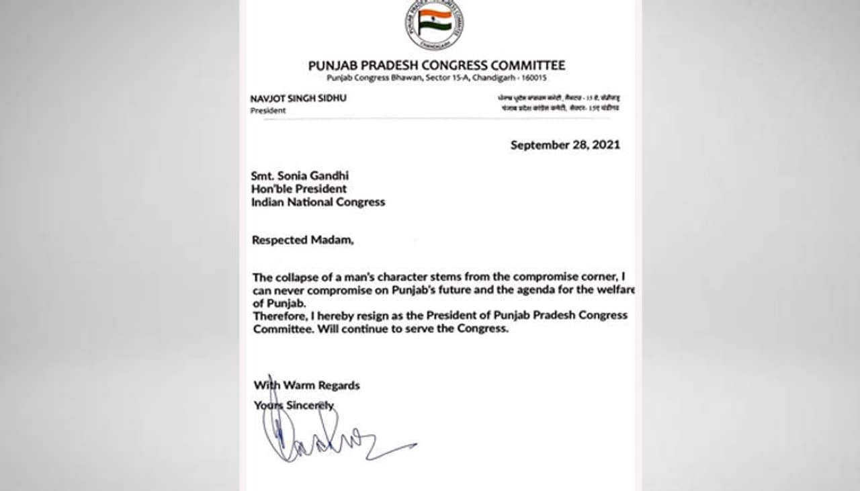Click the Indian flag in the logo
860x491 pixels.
click(434, 23)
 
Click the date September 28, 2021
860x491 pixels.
click(565, 145)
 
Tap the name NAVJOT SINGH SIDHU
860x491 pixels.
click(298, 99)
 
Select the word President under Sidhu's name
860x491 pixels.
click(268, 111)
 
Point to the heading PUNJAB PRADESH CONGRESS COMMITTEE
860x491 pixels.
click(436, 66)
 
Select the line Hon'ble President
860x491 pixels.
click(299, 189)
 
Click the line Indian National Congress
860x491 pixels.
click(318, 202)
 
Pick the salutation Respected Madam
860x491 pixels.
click(302, 240)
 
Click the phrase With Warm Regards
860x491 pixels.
click(306, 386)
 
